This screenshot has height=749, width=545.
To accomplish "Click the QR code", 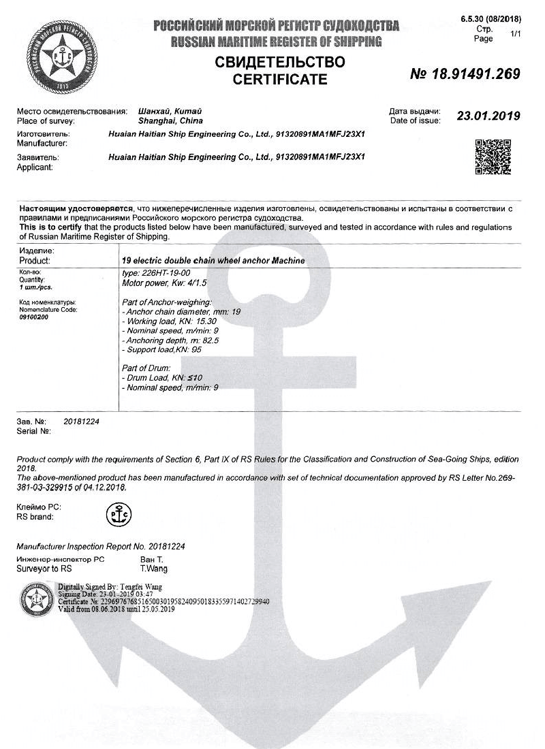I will tap(493, 157).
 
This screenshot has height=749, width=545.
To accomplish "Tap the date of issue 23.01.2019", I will tap(488, 116).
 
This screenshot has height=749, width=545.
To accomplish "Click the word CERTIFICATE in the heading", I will tap(280, 80).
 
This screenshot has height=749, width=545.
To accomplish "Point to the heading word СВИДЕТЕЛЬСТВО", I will tap(280, 63).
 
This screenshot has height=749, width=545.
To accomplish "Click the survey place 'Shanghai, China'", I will tap(161, 121).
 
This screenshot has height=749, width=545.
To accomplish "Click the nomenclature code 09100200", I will tap(33, 317).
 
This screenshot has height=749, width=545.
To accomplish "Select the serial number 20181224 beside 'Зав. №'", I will tap(82, 422).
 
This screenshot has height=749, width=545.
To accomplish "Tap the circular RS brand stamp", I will tap(119, 515).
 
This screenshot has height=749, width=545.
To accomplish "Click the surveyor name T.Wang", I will tap(154, 569).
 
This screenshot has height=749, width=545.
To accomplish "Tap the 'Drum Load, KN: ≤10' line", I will tap(162, 378).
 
